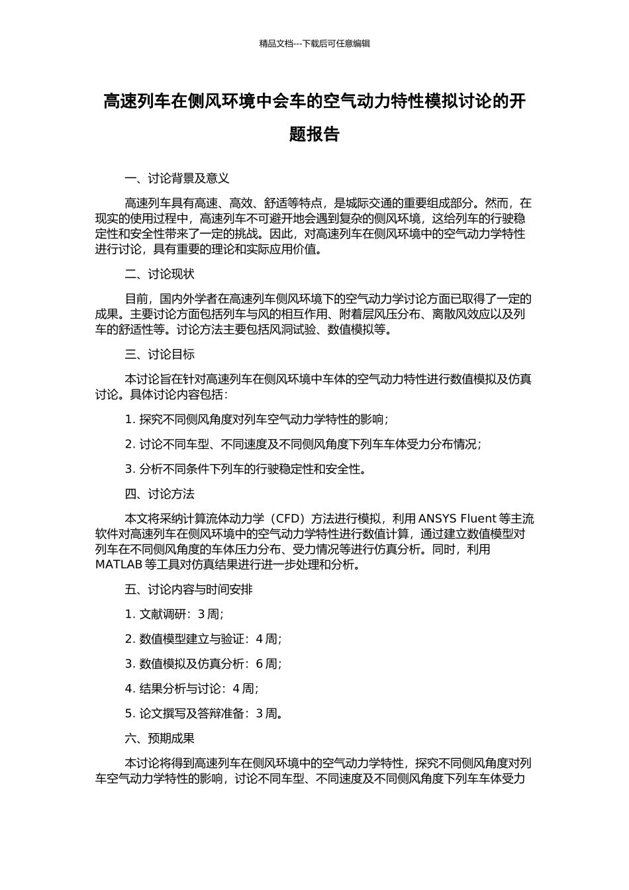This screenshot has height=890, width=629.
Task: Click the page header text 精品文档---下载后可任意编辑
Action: point(314,44)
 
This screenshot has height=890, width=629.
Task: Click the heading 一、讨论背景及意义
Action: point(177,178)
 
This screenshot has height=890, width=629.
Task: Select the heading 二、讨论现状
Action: point(160,274)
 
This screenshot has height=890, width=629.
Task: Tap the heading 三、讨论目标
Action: point(160,354)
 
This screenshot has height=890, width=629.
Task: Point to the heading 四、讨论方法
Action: point(160,494)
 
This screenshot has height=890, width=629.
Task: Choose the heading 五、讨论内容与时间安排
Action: point(189,589)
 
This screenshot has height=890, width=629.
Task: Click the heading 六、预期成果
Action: point(160,738)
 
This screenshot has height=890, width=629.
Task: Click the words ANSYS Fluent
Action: point(457,519)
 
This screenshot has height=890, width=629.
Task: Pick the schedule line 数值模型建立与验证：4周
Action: point(203,639)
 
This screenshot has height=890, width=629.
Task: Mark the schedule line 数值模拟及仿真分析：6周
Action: point(203,664)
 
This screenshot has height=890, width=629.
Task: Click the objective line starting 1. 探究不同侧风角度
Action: point(257,419)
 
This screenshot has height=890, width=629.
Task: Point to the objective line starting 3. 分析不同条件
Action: point(246,470)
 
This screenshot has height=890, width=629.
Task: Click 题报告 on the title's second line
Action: point(314,134)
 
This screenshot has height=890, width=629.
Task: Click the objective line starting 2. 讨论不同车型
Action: point(303,444)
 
